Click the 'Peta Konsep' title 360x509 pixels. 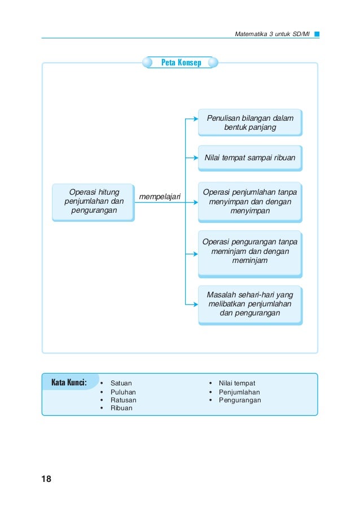[181, 62]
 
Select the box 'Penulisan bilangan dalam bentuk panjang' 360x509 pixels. [251, 122]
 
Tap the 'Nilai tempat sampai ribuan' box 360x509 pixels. [251, 158]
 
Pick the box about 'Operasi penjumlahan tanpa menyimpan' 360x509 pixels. [251, 202]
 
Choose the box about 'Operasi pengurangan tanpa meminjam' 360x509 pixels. [251, 254]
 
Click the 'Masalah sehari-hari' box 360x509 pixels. [251, 305]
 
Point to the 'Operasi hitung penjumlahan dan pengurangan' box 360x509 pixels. [94, 203]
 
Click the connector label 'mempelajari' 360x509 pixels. [160, 197]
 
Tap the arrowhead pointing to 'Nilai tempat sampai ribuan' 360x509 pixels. [196, 158]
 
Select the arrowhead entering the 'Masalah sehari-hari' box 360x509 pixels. [196, 305]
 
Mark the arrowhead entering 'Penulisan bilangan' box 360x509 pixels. [196, 119]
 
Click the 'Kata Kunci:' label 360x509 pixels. [69, 382]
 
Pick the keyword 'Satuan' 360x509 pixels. [121, 383]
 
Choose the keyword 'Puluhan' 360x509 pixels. [123, 392]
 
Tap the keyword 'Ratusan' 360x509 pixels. [124, 400]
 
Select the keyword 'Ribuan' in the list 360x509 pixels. [121, 408]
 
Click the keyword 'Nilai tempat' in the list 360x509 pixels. [237, 383]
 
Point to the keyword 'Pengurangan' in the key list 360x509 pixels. [240, 400]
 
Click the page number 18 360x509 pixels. [46, 479]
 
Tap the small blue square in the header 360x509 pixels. [317, 34]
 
